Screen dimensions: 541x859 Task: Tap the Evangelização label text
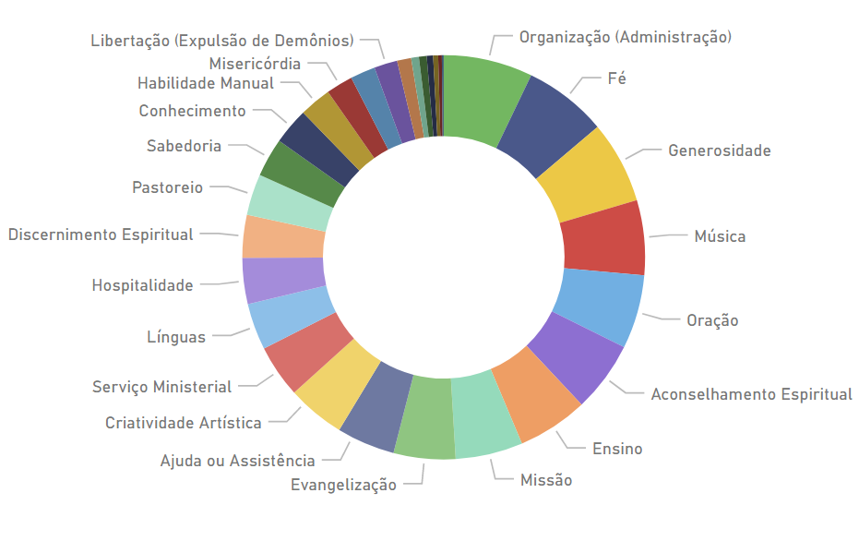(x=343, y=485)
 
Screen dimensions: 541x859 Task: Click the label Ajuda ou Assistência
(x=237, y=461)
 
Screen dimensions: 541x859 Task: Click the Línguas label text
(x=176, y=337)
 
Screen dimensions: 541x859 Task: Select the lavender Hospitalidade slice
(x=283, y=279)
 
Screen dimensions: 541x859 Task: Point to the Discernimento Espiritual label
(x=101, y=234)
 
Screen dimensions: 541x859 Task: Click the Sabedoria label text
(x=184, y=146)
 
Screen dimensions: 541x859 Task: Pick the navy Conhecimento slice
(x=317, y=148)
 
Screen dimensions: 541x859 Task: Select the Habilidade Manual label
(x=206, y=83)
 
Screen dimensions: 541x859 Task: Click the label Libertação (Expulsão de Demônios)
(x=222, y=41)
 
